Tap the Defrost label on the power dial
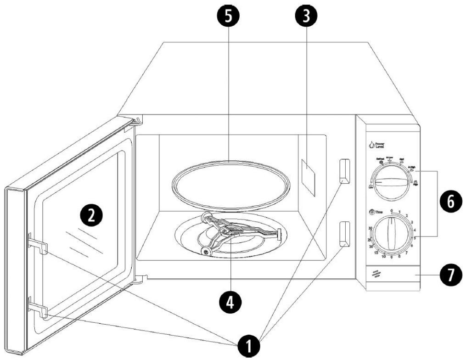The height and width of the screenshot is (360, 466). pyautogui.click(x=381, y=158)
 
